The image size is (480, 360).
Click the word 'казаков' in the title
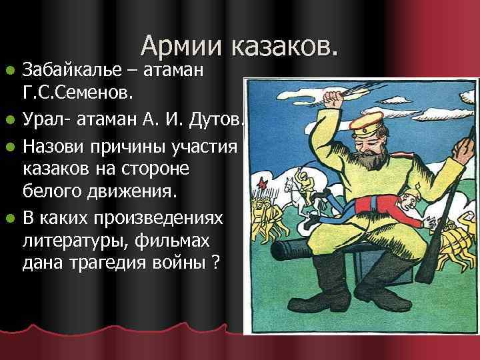pos(284,46)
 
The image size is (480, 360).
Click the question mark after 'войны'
pos(215,262)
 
